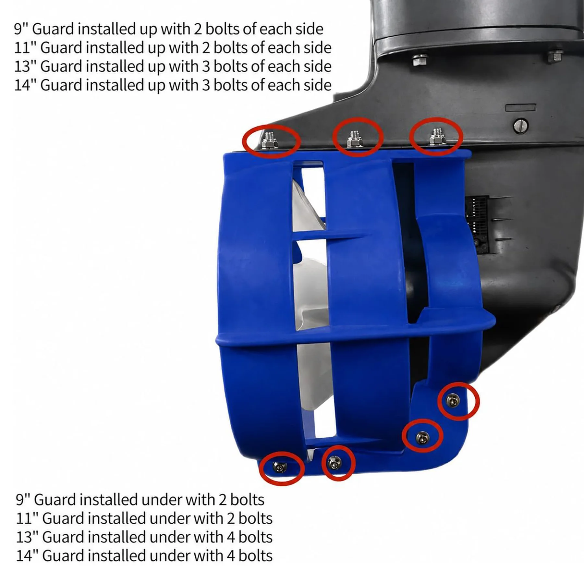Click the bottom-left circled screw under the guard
point(280,467)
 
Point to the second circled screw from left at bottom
point(335,463)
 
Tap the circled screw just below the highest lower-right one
point(422,438)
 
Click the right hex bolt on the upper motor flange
point(555,56)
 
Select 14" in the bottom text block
point(27,556)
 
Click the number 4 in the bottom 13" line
point(231,537)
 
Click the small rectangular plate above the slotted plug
point(520,108)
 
